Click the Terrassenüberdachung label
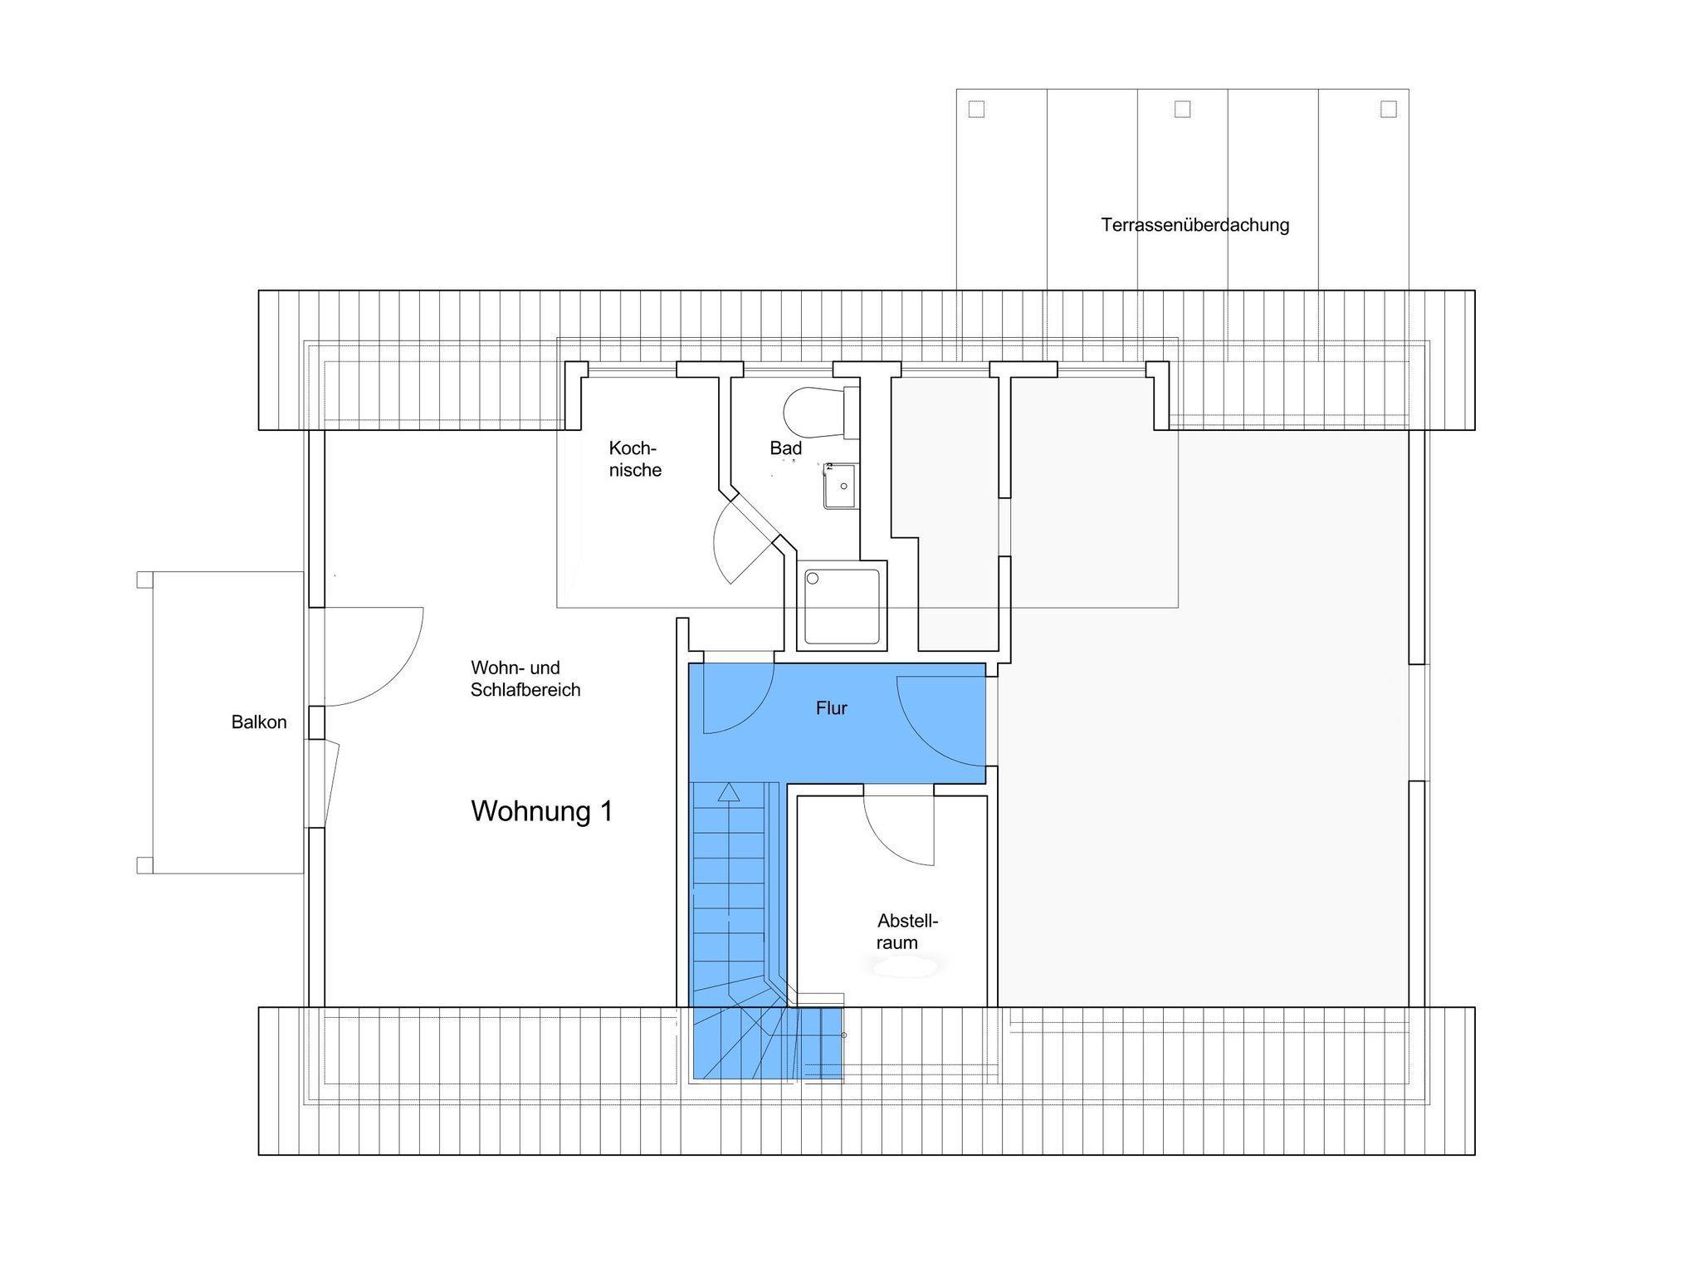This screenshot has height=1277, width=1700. (x=1195, y=225)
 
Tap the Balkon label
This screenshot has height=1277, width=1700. (x=259, y=722)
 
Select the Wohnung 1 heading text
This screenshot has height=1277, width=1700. (x=542, y=811)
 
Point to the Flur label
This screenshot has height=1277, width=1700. (x=832, y=708)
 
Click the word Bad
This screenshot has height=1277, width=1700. (x=785, y=448)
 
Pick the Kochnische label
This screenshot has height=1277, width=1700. (x=635, y=459)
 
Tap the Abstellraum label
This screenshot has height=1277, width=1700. (x=907, y=932)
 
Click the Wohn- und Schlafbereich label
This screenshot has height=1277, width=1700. (x=525, y=678)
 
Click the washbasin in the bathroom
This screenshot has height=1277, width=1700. (x=840, y=486)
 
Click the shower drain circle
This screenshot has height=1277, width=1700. (x=813, y=578)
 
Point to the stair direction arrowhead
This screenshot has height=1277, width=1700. (x=728, y=791)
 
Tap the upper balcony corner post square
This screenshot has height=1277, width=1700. (x=144, y=580)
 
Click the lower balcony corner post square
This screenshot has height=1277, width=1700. (x=144, y=865)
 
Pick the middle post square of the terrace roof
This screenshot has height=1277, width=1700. (x=1182, y=109)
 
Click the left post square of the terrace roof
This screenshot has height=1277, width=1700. (x=976, y=109)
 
